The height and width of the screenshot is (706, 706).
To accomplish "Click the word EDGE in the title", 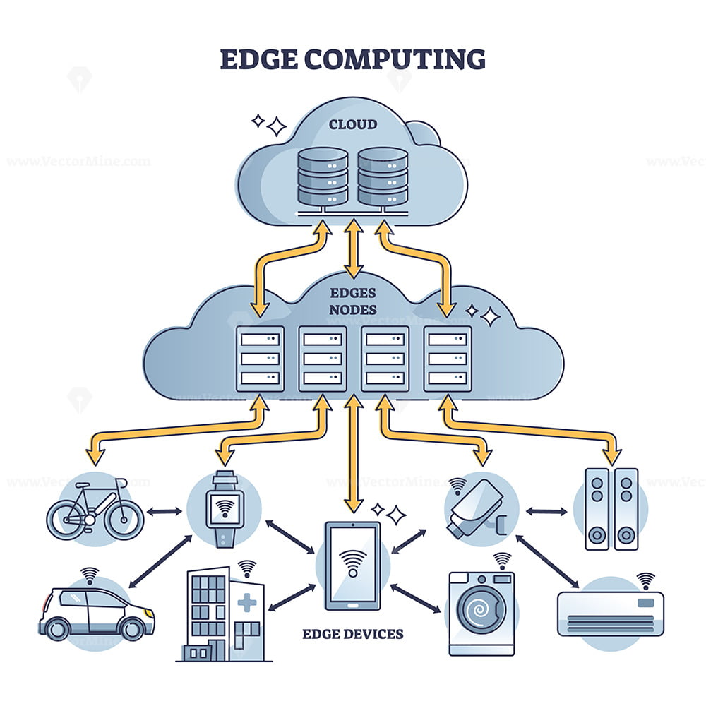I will [x=258, y=59].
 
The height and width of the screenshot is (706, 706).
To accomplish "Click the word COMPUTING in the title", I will [x=395, y=59].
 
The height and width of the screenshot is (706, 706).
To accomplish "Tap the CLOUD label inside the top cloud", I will [x=352, y=125].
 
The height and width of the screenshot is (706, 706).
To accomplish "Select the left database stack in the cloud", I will [x=322, y=176].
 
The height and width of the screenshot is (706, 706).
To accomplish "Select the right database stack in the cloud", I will [x=382, y=176].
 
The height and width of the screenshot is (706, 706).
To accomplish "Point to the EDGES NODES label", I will [x=352, y=301].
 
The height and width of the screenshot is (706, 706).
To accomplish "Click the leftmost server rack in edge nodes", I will [x=260, y=359].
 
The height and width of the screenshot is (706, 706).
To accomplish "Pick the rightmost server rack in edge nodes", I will [x=447, y=359].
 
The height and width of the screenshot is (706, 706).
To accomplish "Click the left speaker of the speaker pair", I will [x=597, y=508].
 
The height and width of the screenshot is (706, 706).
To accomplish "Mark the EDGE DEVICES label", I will [x=353, y=633].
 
